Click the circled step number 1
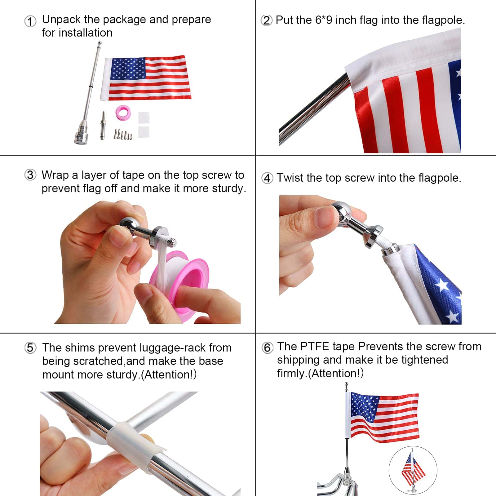[x=30, y=21]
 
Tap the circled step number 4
[x=267, y=178]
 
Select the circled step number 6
[x=267, y=348]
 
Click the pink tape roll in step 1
[x=123, y=112]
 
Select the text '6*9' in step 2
[x=324, y=20]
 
